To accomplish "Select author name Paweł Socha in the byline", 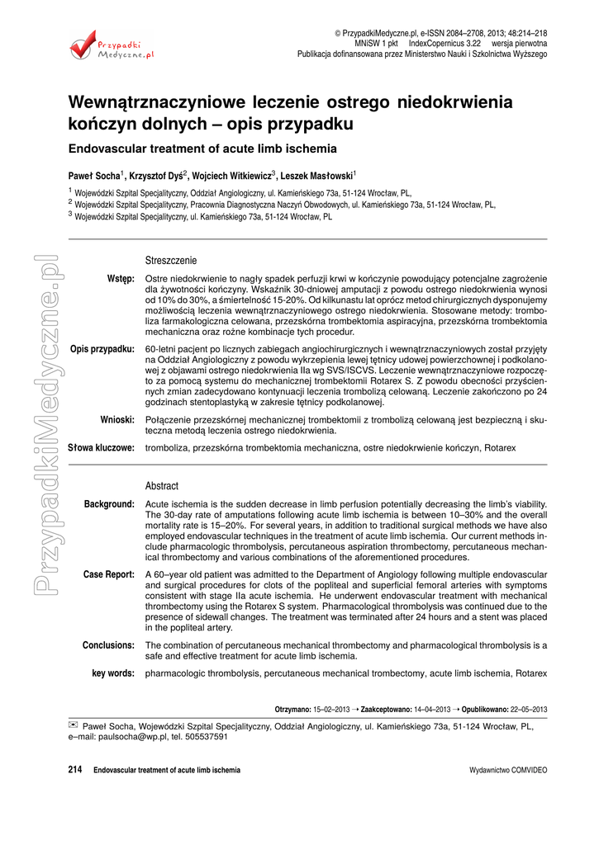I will tap(94, 175).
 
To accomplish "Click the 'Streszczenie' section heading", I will tap(171, 259).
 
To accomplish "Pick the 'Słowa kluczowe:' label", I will tap(101, 448).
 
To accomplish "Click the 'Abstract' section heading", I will tap(161, 486).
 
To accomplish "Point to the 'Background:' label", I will tap(109, 504).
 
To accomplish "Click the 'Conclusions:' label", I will tap(108, 644).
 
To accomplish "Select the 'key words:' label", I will tap(113, 673).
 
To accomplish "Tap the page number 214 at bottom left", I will tap(75, 770).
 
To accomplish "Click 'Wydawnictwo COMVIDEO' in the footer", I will tap(507, 770).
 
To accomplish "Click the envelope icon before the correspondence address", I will tap(73, 725).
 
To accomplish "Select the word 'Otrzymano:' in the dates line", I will tap(294, 709).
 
